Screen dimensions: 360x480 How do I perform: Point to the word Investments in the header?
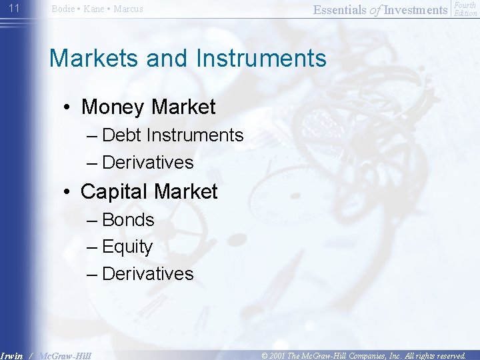click(x=416, y=9)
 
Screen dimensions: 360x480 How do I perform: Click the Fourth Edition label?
click(x=465, y=9)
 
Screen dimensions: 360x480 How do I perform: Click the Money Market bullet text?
click(x=148, y=107)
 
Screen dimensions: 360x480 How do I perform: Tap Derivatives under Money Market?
click(x=148, y=163)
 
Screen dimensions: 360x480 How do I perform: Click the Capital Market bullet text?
click(x=149, y=191)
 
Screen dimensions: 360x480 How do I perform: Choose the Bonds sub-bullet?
click(x=128, y=220)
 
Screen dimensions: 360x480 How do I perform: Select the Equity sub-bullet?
click(x=127, y=247)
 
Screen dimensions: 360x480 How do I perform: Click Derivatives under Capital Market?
click(x=148, y=274)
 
